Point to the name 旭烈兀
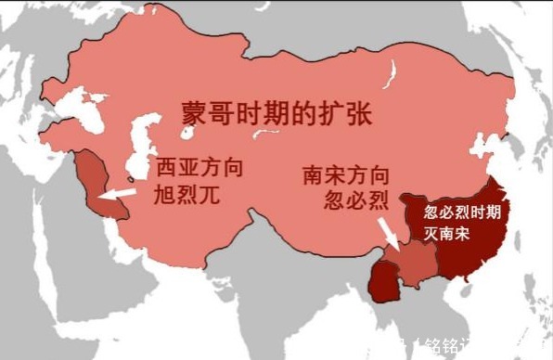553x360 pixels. tap(180, 196)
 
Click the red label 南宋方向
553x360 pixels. tap(345, 176)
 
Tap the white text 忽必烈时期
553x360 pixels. tap(462, 212)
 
